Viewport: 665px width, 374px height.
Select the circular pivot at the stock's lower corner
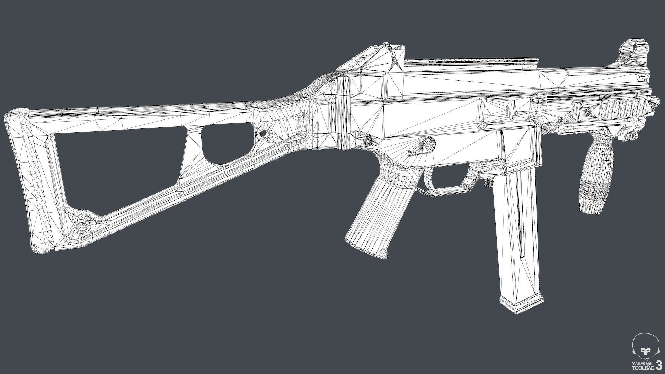click(82, 225)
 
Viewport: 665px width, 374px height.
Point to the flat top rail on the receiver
click(471, 64)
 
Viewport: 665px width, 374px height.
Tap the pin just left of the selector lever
click(367, 140)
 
